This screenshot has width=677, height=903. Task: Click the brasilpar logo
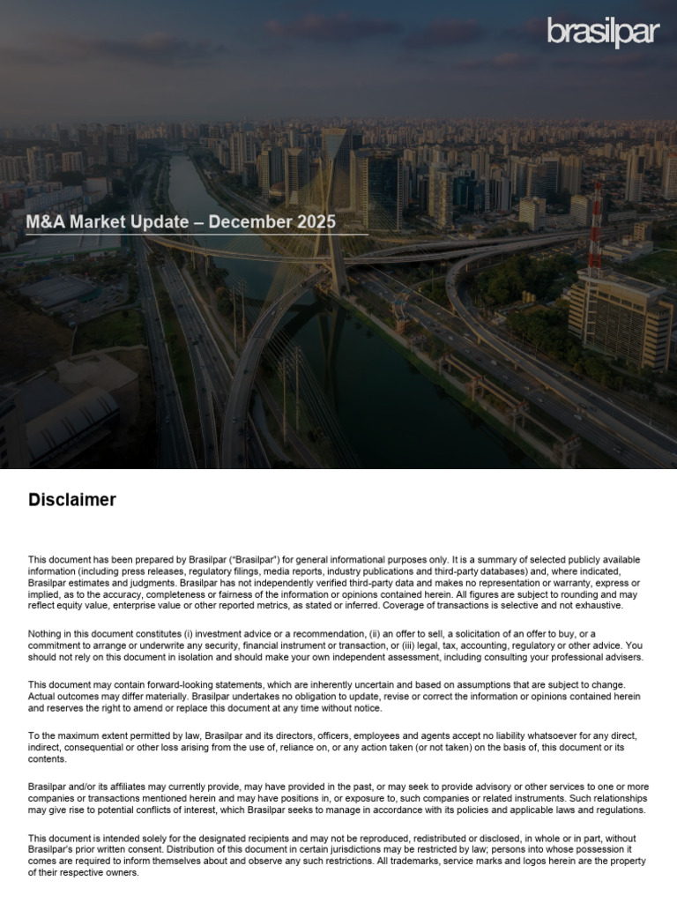click(602, 32)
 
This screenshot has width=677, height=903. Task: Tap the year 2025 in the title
click(314, 222)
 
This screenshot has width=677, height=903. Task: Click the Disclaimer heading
click(72, 500)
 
